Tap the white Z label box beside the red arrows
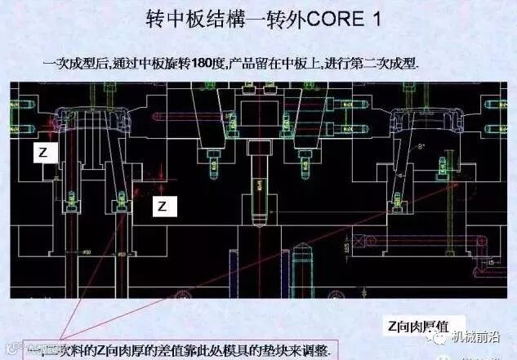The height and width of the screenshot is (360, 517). coord(162,207)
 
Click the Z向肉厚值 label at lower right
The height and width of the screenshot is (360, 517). coord(424,324)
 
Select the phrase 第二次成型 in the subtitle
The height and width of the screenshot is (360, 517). coord(388,62)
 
